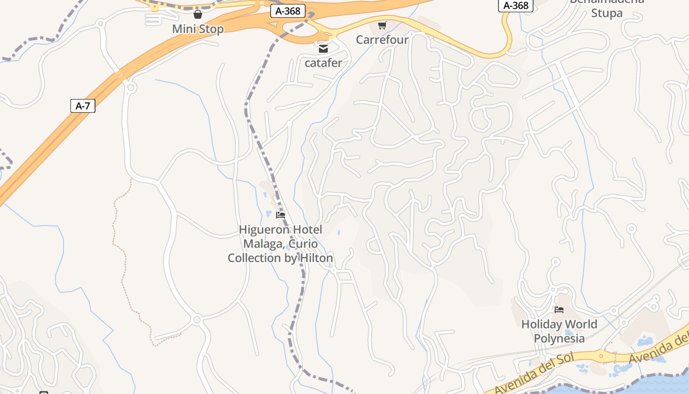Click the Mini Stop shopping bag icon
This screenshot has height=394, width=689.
click(197, 14)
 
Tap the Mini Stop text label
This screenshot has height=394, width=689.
click(197, 29)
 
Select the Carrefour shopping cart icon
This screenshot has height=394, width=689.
click(382, 25)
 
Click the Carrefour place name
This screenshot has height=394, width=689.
click(382, 40)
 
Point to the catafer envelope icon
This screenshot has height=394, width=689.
click(323, 48)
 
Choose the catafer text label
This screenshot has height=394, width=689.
click(323, 63)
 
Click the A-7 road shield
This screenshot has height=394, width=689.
click(83, 106)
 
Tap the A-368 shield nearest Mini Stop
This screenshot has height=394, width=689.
click(288, 11)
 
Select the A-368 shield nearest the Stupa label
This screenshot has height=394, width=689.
click(516, 5)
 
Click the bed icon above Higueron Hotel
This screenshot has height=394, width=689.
click(281, 215)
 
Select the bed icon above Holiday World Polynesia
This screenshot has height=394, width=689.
click(559, 310)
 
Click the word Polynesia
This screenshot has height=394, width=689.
click(559, 338)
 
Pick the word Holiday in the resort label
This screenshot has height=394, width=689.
click(541, 325)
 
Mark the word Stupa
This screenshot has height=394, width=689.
click(607, 13)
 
